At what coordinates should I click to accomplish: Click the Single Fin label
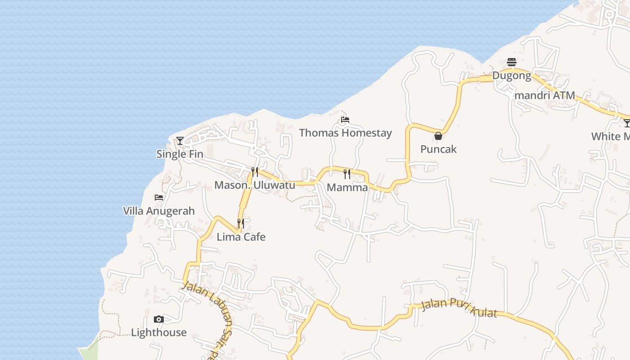click(x=180, y=154)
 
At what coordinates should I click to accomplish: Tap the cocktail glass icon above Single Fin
click(x=180, y=141)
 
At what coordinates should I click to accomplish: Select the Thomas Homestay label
click(x=345, y=133)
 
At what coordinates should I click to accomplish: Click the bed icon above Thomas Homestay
click(x=345, y=120)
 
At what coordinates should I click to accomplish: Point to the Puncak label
click(x=438, y=149)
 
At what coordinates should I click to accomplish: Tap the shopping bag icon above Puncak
click(x=438, y=136)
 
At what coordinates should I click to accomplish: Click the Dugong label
click(x=512, y=75)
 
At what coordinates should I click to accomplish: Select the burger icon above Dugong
click(x=512, y=62)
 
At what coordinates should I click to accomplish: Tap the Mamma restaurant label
click(x=347, y=187)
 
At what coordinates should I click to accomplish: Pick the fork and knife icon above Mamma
click(x=347, y=174)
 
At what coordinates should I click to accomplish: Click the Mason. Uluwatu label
click(x=255, y=185)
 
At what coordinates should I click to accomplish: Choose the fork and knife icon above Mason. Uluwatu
click(x=255, y=171)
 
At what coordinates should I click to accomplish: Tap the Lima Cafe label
click(x=241, y=237)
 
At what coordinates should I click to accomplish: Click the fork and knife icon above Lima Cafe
click(x=241, y=223)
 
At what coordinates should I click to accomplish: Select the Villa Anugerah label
click(x=159, y=211)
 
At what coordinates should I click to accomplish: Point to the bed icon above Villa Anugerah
click(x=159, y=198)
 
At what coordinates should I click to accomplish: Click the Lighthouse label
click(x=159, y=333)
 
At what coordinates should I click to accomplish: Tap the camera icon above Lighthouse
click(x=158, y=319)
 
